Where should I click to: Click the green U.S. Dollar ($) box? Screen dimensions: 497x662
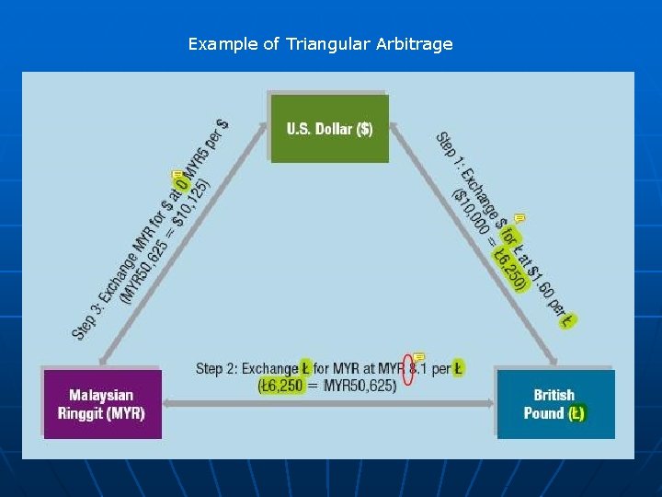click(329, 129)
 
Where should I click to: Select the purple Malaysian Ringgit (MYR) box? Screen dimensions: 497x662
click(101, 404)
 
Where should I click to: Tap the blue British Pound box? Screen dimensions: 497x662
click(554, 404)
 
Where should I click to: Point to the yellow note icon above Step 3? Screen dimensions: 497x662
click(177, 174)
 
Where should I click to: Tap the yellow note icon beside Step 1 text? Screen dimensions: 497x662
click(519, 218)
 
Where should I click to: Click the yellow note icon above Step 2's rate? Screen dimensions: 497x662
click(418, 355)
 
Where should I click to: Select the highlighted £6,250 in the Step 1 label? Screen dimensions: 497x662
click(510, 269)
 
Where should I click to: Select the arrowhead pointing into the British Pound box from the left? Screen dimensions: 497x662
click(487, 403)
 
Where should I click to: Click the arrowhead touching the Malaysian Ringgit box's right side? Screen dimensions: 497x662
click(171, 403)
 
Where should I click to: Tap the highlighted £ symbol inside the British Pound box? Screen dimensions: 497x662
click(576, 413)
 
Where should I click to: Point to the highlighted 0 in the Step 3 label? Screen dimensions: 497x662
click(182, 184)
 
